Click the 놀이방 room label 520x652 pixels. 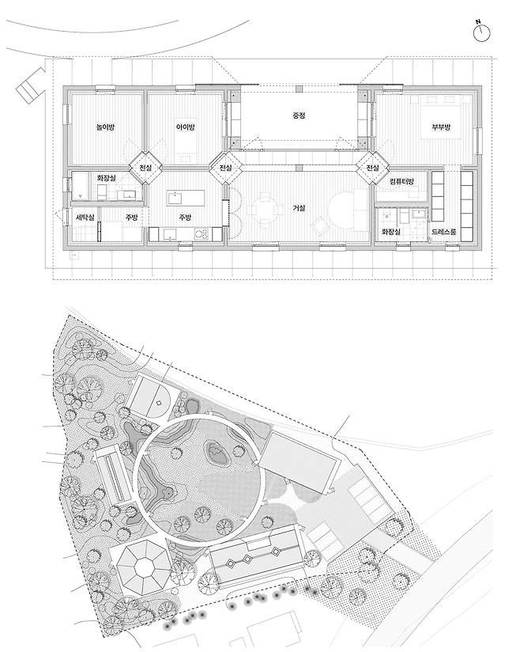point(104,127)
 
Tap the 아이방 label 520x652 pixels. point(185,127)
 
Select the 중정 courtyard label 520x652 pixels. point(299,116)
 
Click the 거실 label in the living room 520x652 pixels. point(299,208)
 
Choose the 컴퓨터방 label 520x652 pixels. point(401,182)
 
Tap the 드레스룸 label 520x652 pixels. point(443,232)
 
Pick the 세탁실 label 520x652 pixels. point(85,217)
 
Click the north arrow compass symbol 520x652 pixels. point(482,32)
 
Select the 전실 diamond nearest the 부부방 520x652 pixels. point(372,168)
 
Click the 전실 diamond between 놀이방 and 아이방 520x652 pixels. point(145,168)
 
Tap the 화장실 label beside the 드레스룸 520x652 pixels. point(390,232)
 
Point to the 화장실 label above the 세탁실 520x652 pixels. point(107,177)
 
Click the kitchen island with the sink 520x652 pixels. point(186,198)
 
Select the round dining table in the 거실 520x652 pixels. point(265,208)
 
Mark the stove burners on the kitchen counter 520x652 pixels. point(202,234)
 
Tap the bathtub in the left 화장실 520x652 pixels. point(81,187)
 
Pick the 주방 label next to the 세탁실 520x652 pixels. point(132,217)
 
